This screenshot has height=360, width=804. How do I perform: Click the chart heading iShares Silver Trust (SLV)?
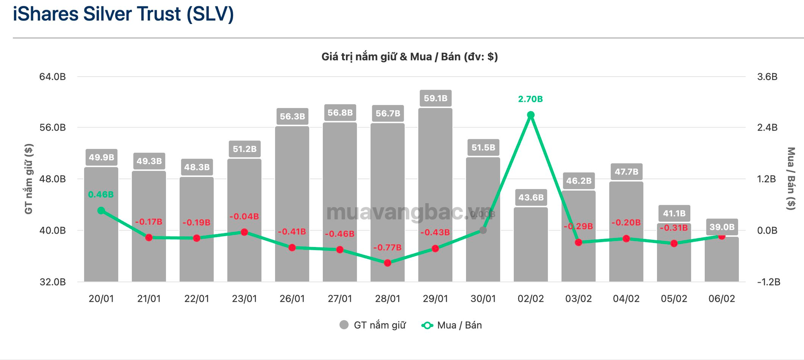click(x=123, y=14)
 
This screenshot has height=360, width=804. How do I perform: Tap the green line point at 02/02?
click(x=531, y=115)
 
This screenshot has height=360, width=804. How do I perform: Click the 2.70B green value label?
click(x=530, y=99)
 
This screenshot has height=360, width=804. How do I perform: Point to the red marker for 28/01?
click(x=387, y=263)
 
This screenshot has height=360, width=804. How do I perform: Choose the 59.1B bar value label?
click(x=435, y=98)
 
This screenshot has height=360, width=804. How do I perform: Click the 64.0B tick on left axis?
click(x=52, y=77)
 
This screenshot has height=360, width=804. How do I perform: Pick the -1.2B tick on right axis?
click(x=768, y=282)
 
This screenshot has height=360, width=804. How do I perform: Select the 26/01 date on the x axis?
click(x=292, y=298)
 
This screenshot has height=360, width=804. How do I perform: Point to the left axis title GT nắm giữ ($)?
click(x=28, y=179)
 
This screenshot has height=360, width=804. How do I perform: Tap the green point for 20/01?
click(x=101, y=211)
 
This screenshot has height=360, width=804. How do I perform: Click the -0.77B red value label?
click(x=387, y=247)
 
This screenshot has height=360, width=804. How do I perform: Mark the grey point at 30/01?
click(x=483, y=230)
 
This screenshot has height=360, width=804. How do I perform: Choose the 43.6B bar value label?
click(x=531, y=197)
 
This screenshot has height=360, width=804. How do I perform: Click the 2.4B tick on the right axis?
click(x=767, y=128)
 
